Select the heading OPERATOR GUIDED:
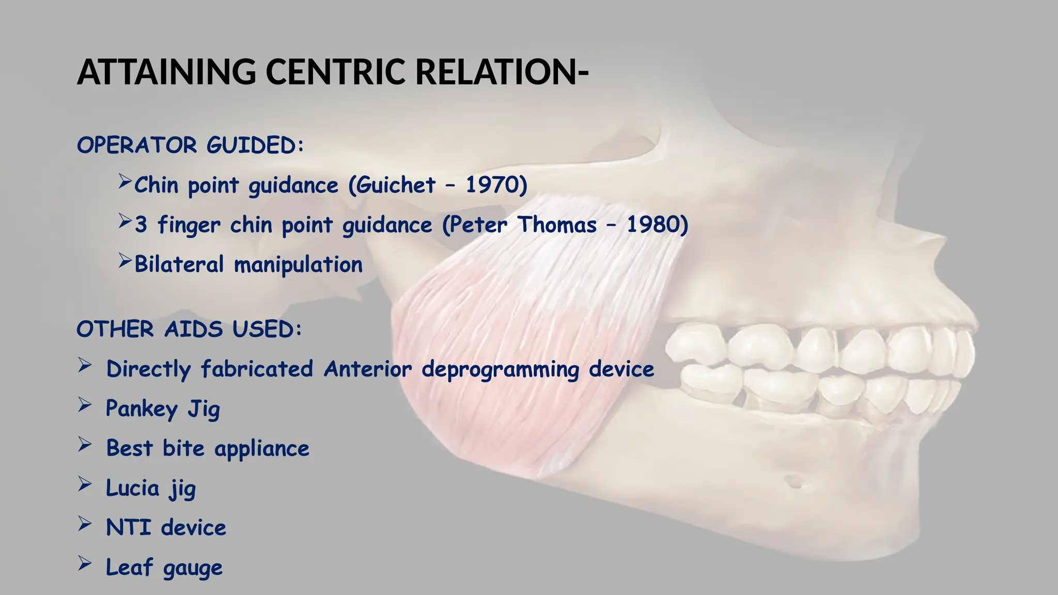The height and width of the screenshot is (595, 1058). pos(190,145)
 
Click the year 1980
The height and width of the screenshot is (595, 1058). pos(652,225)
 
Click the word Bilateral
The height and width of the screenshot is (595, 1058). pos(179,264)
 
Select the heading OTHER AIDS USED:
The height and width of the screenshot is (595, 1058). pos(189,329)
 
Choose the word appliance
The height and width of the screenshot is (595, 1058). pos(261,449)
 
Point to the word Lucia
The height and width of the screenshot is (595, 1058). pos(132,488)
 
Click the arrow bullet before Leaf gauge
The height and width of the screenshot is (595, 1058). pos(85,564)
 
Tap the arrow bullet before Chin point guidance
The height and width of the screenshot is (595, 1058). pos(125,181)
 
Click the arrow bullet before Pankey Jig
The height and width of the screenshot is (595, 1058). pos(85,405)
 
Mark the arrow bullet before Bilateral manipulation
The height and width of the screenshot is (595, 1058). pos(125,261)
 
